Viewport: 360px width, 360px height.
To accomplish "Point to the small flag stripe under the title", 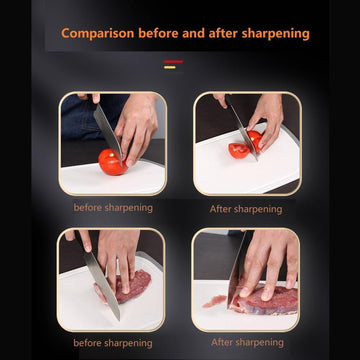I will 173,61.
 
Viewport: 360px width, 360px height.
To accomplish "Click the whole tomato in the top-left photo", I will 111,161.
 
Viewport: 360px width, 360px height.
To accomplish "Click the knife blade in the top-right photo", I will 238,125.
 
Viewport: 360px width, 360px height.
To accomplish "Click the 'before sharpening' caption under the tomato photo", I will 113,208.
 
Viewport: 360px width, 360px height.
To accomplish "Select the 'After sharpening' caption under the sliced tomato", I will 245,209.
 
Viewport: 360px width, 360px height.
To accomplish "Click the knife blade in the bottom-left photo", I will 106,290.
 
